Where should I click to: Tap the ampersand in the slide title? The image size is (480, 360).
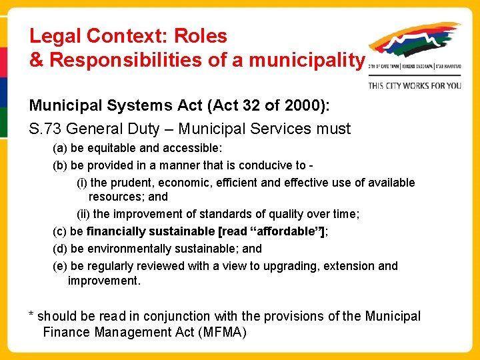click(x=36, y=60)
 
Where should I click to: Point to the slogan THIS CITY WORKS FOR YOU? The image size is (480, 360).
click(x=415, y=85)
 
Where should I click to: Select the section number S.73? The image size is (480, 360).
click(x=48, y=129)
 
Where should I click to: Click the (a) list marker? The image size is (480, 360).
click(x=60, y=148)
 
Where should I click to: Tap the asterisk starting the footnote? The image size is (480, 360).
click(x=31, y=315)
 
